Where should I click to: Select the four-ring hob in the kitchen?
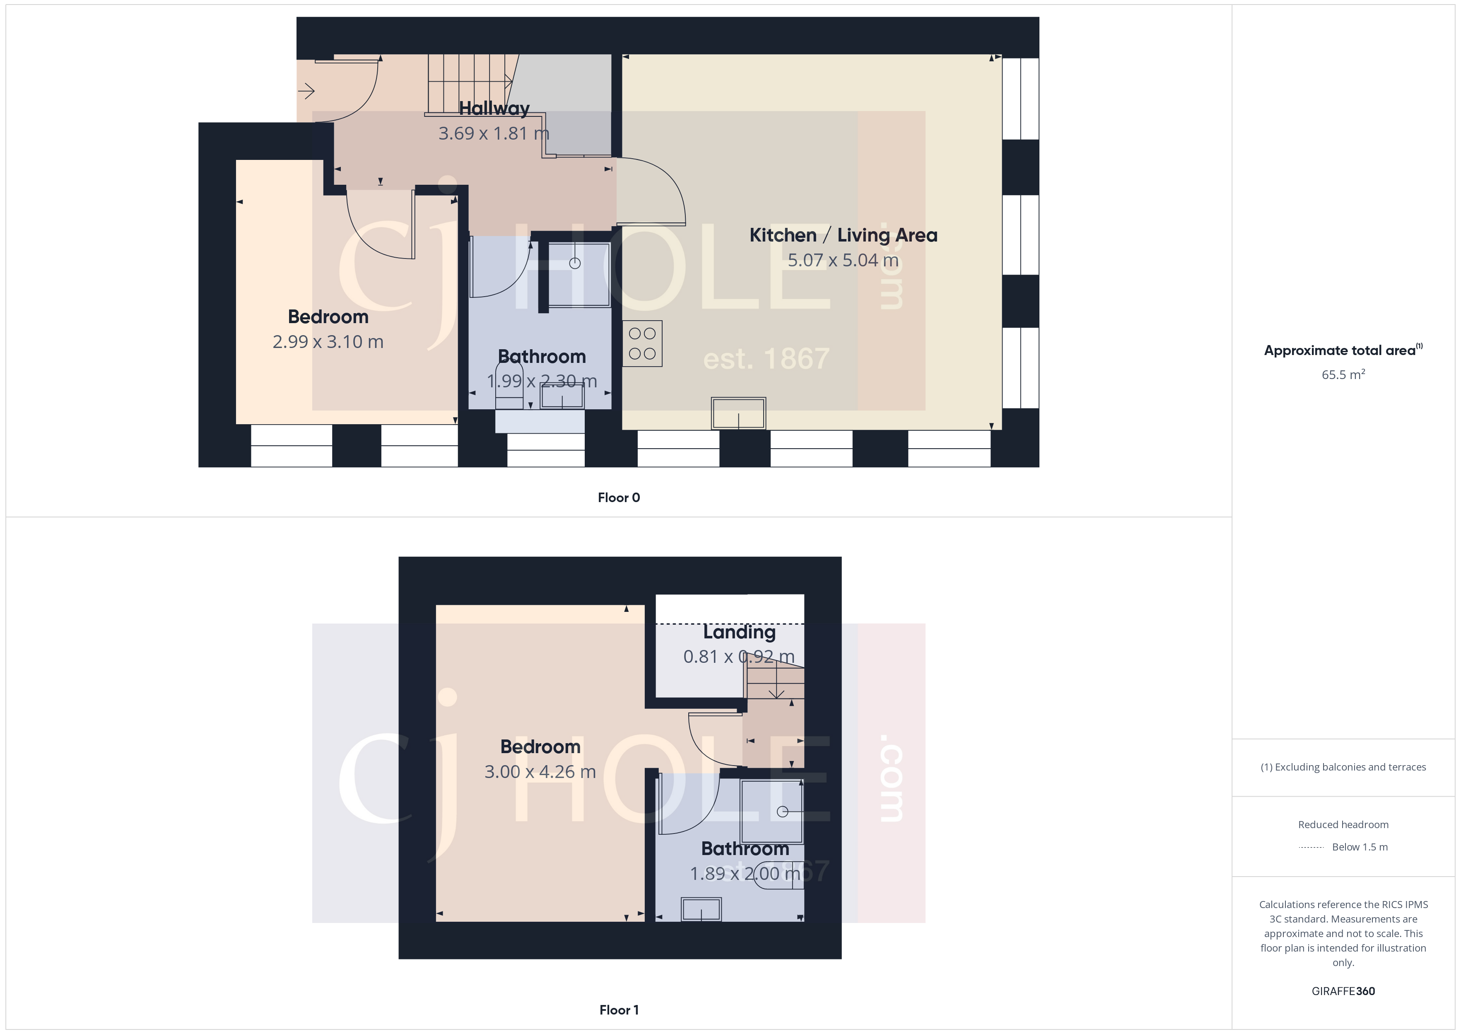pyautogui.click(x=642, y=343)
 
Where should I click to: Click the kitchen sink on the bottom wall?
pyautogui.click(x=738, y=413)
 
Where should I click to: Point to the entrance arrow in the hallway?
pyautogui.click(x=306, y=91)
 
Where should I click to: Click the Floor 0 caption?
pyautogui.click(x=619, y=497)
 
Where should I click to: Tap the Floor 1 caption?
pyautogui.click(x=619, y=1010)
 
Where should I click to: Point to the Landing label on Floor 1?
pyautogui.click(x=739, y=632)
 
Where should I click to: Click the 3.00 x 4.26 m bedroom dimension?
pyautogui.click(x=540, y=772)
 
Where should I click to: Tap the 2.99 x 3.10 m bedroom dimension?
pyautogui.click(x=328, y=342)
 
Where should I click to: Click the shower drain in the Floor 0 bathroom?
pyautogui.click(x=575, y=263)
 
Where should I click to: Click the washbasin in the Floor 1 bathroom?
pyautogui.click(x=701, y=909)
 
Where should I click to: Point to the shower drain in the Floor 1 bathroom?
pyautogui.click(x=783, y=812)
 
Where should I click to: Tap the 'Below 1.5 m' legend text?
pyautogui.click(x=1360, y=847)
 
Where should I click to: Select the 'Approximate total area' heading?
pyautogui.click(x=1343, y=350)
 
